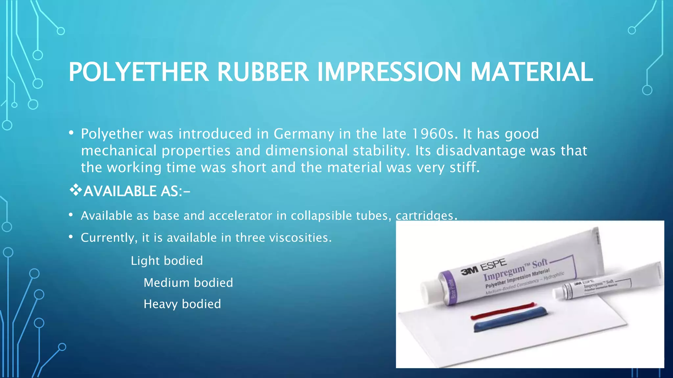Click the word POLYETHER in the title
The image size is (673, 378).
pyautogui.click(x=138, y=72)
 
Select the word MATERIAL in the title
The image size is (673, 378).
pyautogui.click(x=531, y=72)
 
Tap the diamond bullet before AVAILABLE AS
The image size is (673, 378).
pyautogui.click(x=76, y=190)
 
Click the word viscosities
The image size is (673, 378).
pyautogui.click(x=300, y=238)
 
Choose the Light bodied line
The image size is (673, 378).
pyautogui.click(x=167, y=261)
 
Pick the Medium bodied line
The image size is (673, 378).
pyautogui.click(x=188, y=283)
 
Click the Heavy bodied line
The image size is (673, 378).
pyautogui.click(x=182, y=304)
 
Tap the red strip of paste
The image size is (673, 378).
pyautogui.click(x=503, y=311)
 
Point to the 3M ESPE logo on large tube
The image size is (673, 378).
pyautogui.click(x=483, y=267)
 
